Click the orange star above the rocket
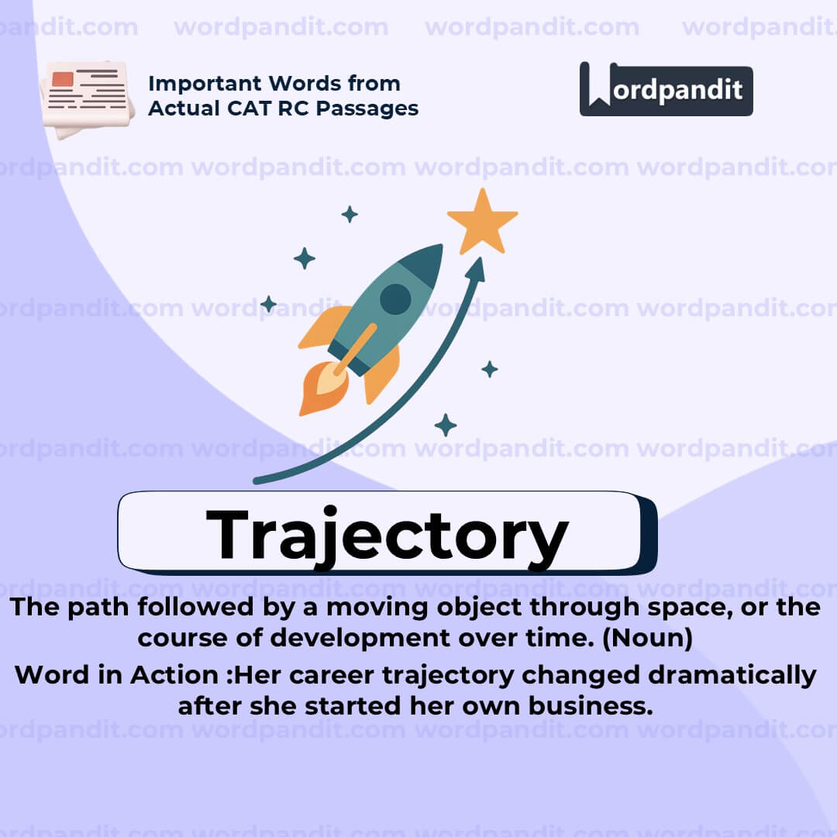point(482,222)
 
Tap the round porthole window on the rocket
point(395,299)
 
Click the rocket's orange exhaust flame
point(319,387)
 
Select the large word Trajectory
point(387,535)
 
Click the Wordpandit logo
point(666,90)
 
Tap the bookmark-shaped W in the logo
point(598,88)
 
